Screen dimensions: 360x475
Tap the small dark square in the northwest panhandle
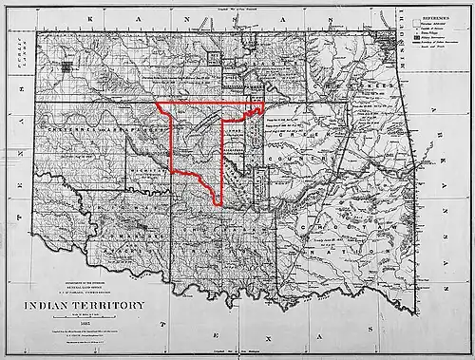pos(65,67)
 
